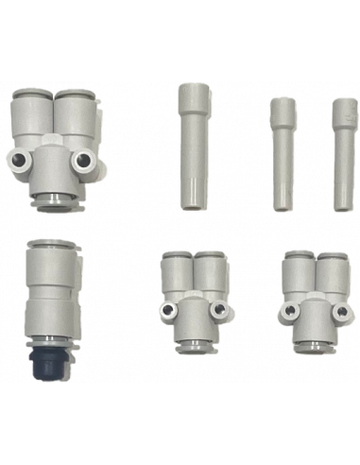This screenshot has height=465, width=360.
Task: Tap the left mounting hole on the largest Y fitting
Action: pyautogui.click(x=25, y=158)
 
